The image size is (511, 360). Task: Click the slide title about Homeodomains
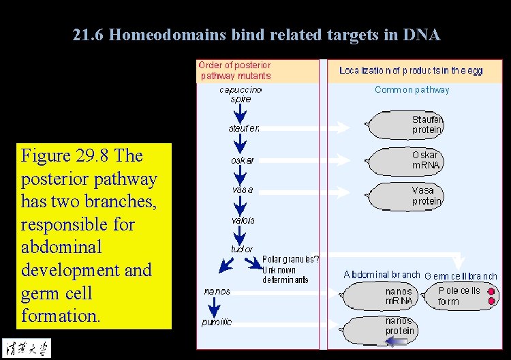point(256,35)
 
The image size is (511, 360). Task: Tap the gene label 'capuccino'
point(241,89)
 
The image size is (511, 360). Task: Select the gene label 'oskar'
point(243,161)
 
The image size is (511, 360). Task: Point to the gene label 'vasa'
point(242,190)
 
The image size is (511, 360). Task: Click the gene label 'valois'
point(243,220)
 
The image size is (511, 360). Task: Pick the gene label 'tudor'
point(241,250)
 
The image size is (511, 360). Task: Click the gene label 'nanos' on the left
point(217,291)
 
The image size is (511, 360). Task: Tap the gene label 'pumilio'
point(217,322)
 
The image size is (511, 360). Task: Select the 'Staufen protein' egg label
point(427,125)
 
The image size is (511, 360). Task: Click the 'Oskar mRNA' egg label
point(427,160)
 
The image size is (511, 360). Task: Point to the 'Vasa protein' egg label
point(427,196)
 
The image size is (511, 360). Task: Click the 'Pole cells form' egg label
point(459,296)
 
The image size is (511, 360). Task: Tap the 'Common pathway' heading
point(412,90)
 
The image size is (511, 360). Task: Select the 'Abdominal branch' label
point(382,275)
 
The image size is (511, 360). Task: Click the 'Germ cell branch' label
point(461,276)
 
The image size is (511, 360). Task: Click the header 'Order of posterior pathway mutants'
point(234,70)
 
